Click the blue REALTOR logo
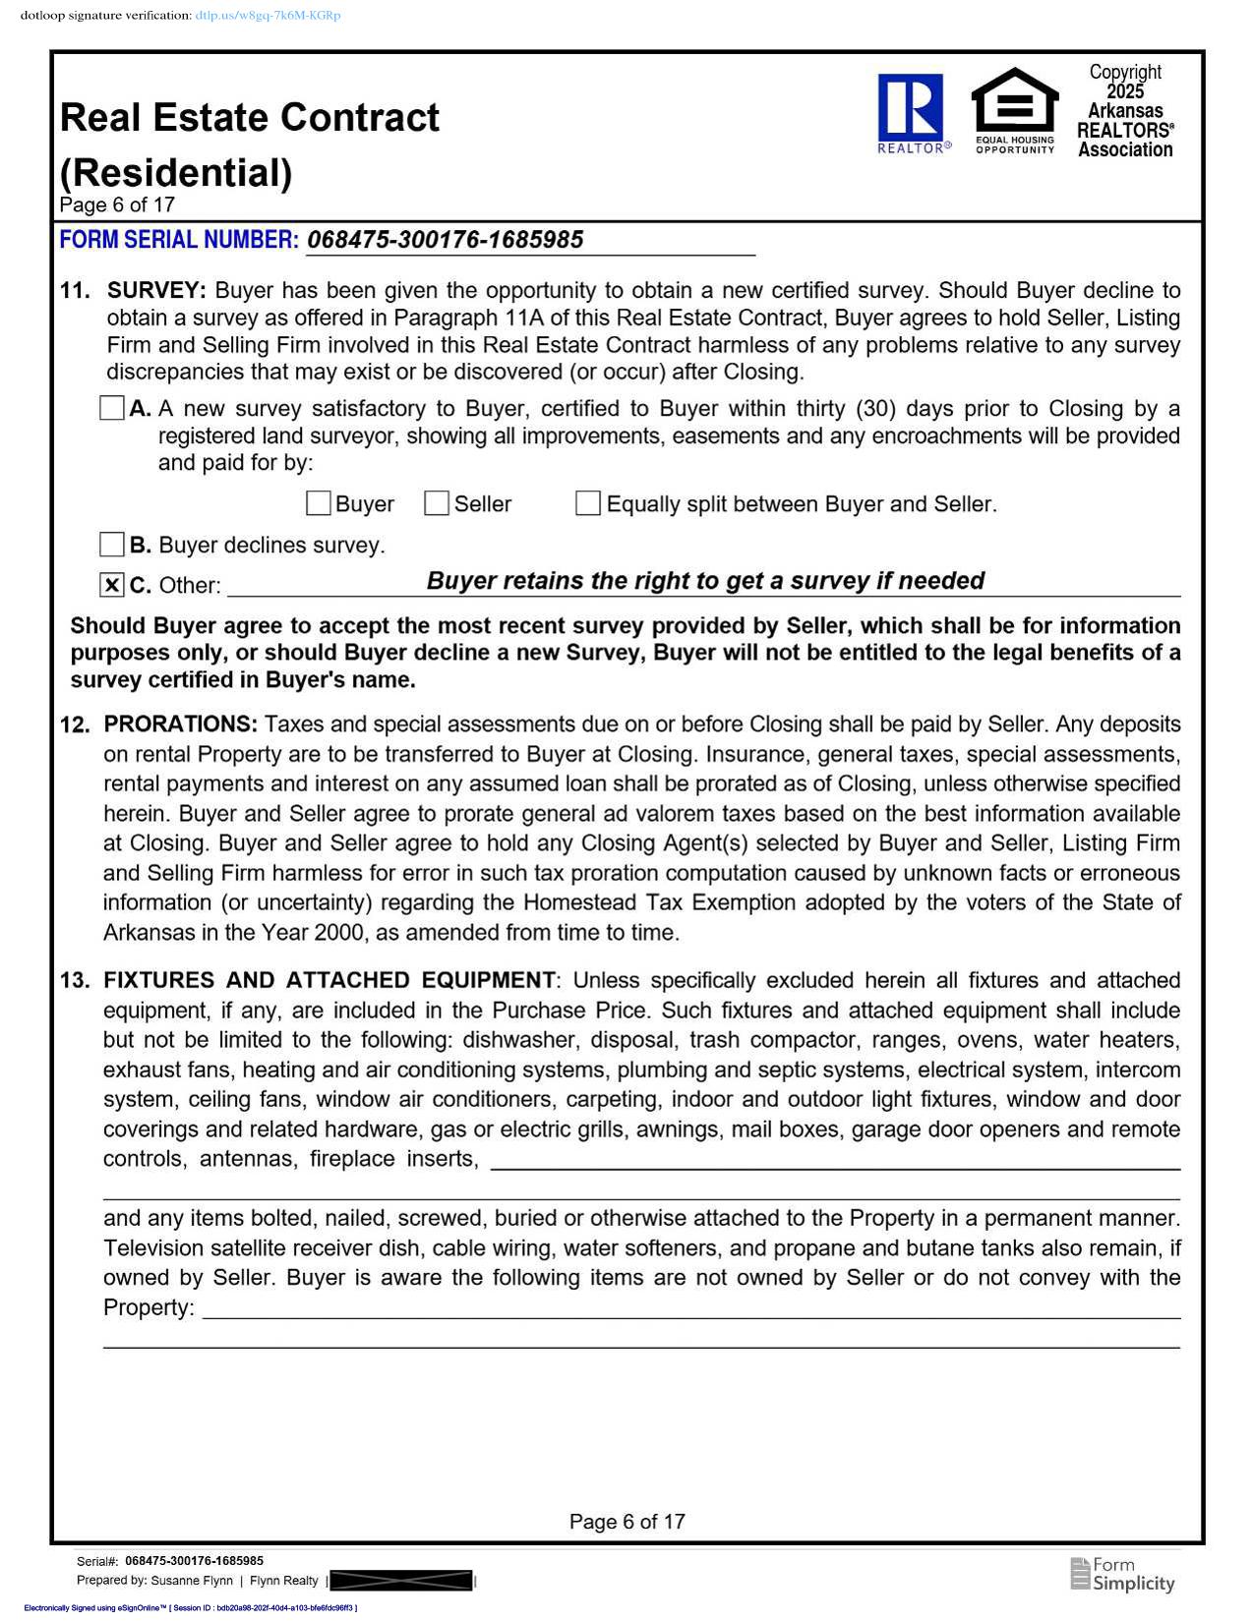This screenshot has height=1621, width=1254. (x=912, y=110)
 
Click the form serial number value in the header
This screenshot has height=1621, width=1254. (x=445, y=240)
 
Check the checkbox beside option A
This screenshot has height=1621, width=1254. (x=112, y=408)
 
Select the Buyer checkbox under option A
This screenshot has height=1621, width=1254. (x=319, y=503)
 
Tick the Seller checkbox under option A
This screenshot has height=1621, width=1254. (x=437, y=503)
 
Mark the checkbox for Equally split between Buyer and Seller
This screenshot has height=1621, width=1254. (x=588, y=503)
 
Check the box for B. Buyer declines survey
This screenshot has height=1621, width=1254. (x=112, y=545)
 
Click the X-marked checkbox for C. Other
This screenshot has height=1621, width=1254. (x=112, y=585)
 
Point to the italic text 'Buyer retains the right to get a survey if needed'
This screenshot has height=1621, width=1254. (x=705, y=581)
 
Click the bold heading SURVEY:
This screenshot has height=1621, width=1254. (x=156, y=291)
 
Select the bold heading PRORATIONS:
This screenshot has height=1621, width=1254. (x=180, y=724)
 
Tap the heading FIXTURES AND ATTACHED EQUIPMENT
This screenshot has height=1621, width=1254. (x=328, y=980)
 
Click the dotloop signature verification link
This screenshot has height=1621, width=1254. (x=268, y=16)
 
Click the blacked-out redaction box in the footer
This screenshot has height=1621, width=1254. (x=401, y=1581)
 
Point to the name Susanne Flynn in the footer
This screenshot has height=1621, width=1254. (x=192, y=1581)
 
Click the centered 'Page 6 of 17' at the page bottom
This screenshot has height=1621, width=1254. (x=627, y=1522)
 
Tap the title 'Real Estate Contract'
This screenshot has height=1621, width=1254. (x=250, y=118)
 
